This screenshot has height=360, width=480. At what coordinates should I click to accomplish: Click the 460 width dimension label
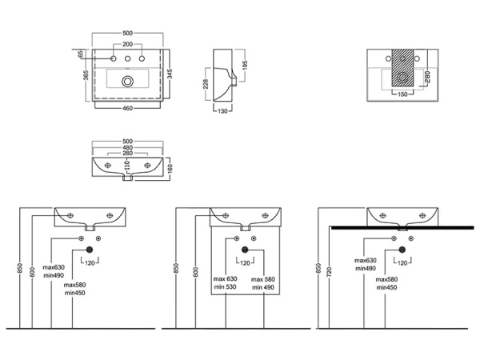click(x=128, y=108)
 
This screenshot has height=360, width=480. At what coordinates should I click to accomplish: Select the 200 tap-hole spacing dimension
click(x=128, y=44)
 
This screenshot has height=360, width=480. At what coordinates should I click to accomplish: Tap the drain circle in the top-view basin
click(x=128, y=82)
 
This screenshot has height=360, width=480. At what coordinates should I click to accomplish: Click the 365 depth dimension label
click(x=86, y=75)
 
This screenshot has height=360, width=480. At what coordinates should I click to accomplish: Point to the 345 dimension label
click(x=170, y=74)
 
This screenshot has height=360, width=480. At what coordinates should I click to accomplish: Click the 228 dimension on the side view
click(x=206, y=84)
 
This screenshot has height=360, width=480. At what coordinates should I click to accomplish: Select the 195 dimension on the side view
click(x=245, y=66)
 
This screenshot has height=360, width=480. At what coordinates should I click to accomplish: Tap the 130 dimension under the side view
click(x=222, y=111)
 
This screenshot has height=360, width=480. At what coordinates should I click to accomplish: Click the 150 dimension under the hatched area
click(x=402, y=94)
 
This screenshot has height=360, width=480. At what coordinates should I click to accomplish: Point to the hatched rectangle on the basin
click(x=402, y=68)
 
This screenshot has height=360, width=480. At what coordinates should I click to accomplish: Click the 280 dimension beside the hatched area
click(x=428, y=77)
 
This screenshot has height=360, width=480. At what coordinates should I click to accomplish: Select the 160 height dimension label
click(x=170, y=168)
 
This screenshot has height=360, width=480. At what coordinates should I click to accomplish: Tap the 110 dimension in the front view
click(x=128, y=165)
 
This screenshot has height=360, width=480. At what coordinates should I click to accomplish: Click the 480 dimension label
click(x=128, y=147)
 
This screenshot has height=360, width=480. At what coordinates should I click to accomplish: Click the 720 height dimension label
click(x=329, y=272)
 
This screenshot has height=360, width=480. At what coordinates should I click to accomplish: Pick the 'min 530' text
click(x=226, y=287)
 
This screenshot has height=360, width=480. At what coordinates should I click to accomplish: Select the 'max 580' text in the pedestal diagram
click(x=263, y=279)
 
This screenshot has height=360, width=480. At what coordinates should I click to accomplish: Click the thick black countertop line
click(x=402, y=228)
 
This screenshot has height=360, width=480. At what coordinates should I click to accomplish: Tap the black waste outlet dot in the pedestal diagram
click(x=245, y=250)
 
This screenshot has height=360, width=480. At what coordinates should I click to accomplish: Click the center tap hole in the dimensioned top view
click(x=128, y=58)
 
